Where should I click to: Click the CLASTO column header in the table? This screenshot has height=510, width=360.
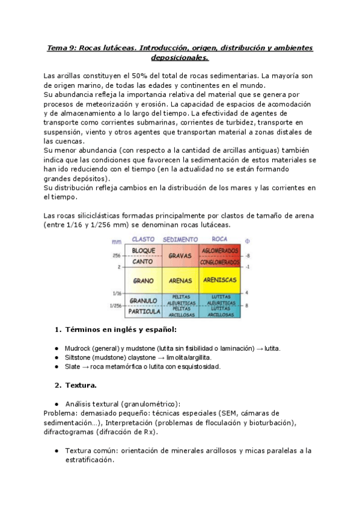143,239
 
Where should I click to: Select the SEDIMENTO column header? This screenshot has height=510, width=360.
181,239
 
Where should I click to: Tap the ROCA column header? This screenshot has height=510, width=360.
220,239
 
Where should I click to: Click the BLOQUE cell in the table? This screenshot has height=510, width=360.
144,250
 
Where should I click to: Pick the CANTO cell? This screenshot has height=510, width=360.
144,262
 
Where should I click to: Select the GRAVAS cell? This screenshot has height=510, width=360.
181,256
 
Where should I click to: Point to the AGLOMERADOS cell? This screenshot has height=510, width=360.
221,250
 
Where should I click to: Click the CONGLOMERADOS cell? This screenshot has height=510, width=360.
221,262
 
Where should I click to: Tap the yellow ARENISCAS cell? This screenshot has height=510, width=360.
221,280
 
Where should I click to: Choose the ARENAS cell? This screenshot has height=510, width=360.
181,280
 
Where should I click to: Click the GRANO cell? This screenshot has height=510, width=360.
144,280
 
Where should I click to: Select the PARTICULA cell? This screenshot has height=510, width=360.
144,312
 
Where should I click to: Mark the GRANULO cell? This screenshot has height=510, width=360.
144,300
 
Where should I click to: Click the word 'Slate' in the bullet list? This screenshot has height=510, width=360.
71,366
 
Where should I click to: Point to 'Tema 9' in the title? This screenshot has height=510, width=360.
61,48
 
